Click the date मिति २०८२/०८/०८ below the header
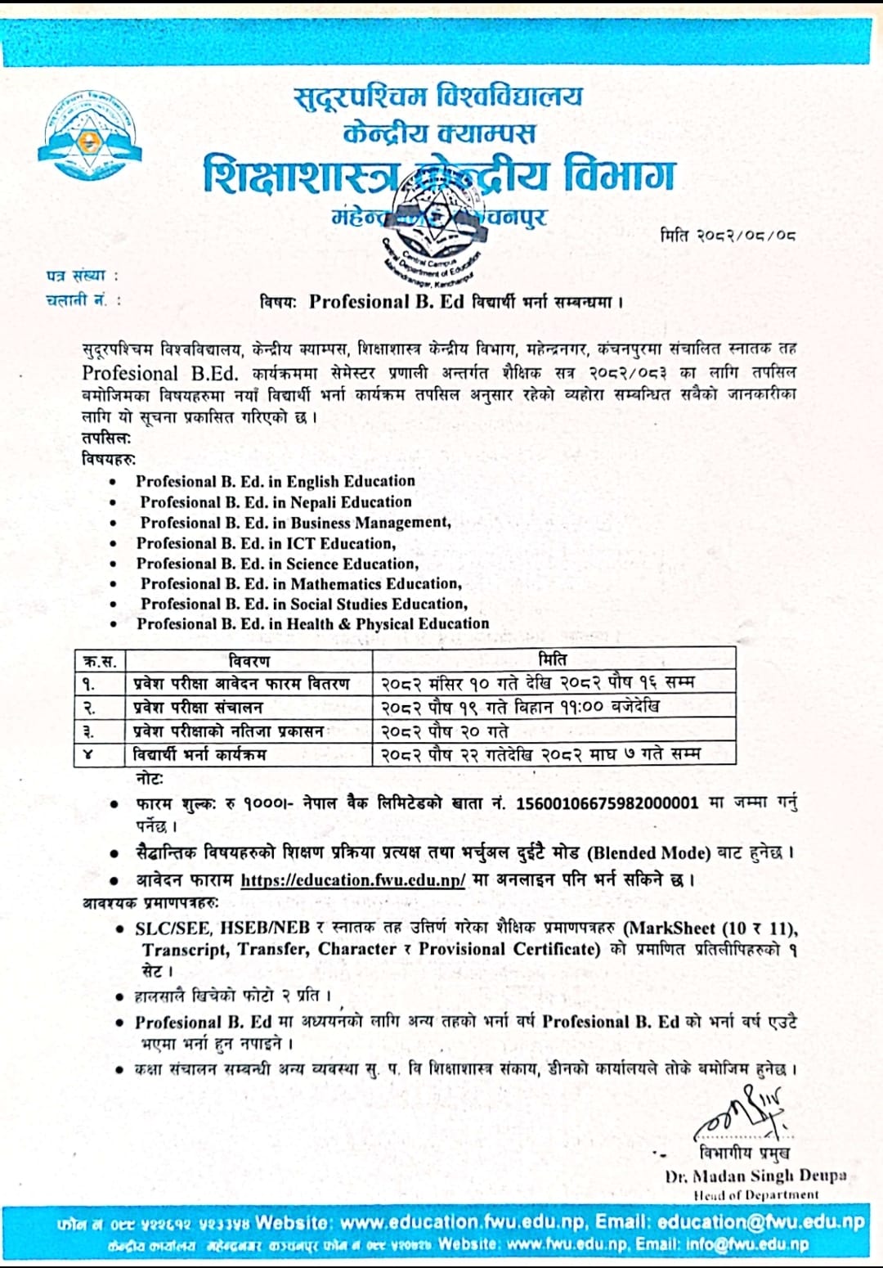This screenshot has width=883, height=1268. [x=728, y=236]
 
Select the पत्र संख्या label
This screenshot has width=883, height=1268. [x=82, y=276]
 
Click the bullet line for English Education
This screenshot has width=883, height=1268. [x=276, y=481]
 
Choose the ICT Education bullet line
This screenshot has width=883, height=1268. [x=267, y=543]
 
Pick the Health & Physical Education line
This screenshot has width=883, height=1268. [x=313, y=623]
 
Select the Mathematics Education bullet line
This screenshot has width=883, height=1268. [x=301, y=583]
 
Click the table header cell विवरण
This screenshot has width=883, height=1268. [x=249, y=660]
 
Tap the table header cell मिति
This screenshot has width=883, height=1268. [x=554, y=659]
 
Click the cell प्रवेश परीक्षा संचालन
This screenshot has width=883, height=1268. [x=198, y=707]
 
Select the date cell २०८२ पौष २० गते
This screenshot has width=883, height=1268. [x=445, y=731]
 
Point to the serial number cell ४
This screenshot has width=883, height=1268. [x=88, y=754]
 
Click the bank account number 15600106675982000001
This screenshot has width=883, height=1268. [x=607, y=803]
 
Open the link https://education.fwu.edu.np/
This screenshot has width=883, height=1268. [x=353, y=880]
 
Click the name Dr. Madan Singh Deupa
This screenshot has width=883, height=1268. [x=755, y=1176]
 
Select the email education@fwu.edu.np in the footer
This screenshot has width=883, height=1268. [x=760, y=1222]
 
